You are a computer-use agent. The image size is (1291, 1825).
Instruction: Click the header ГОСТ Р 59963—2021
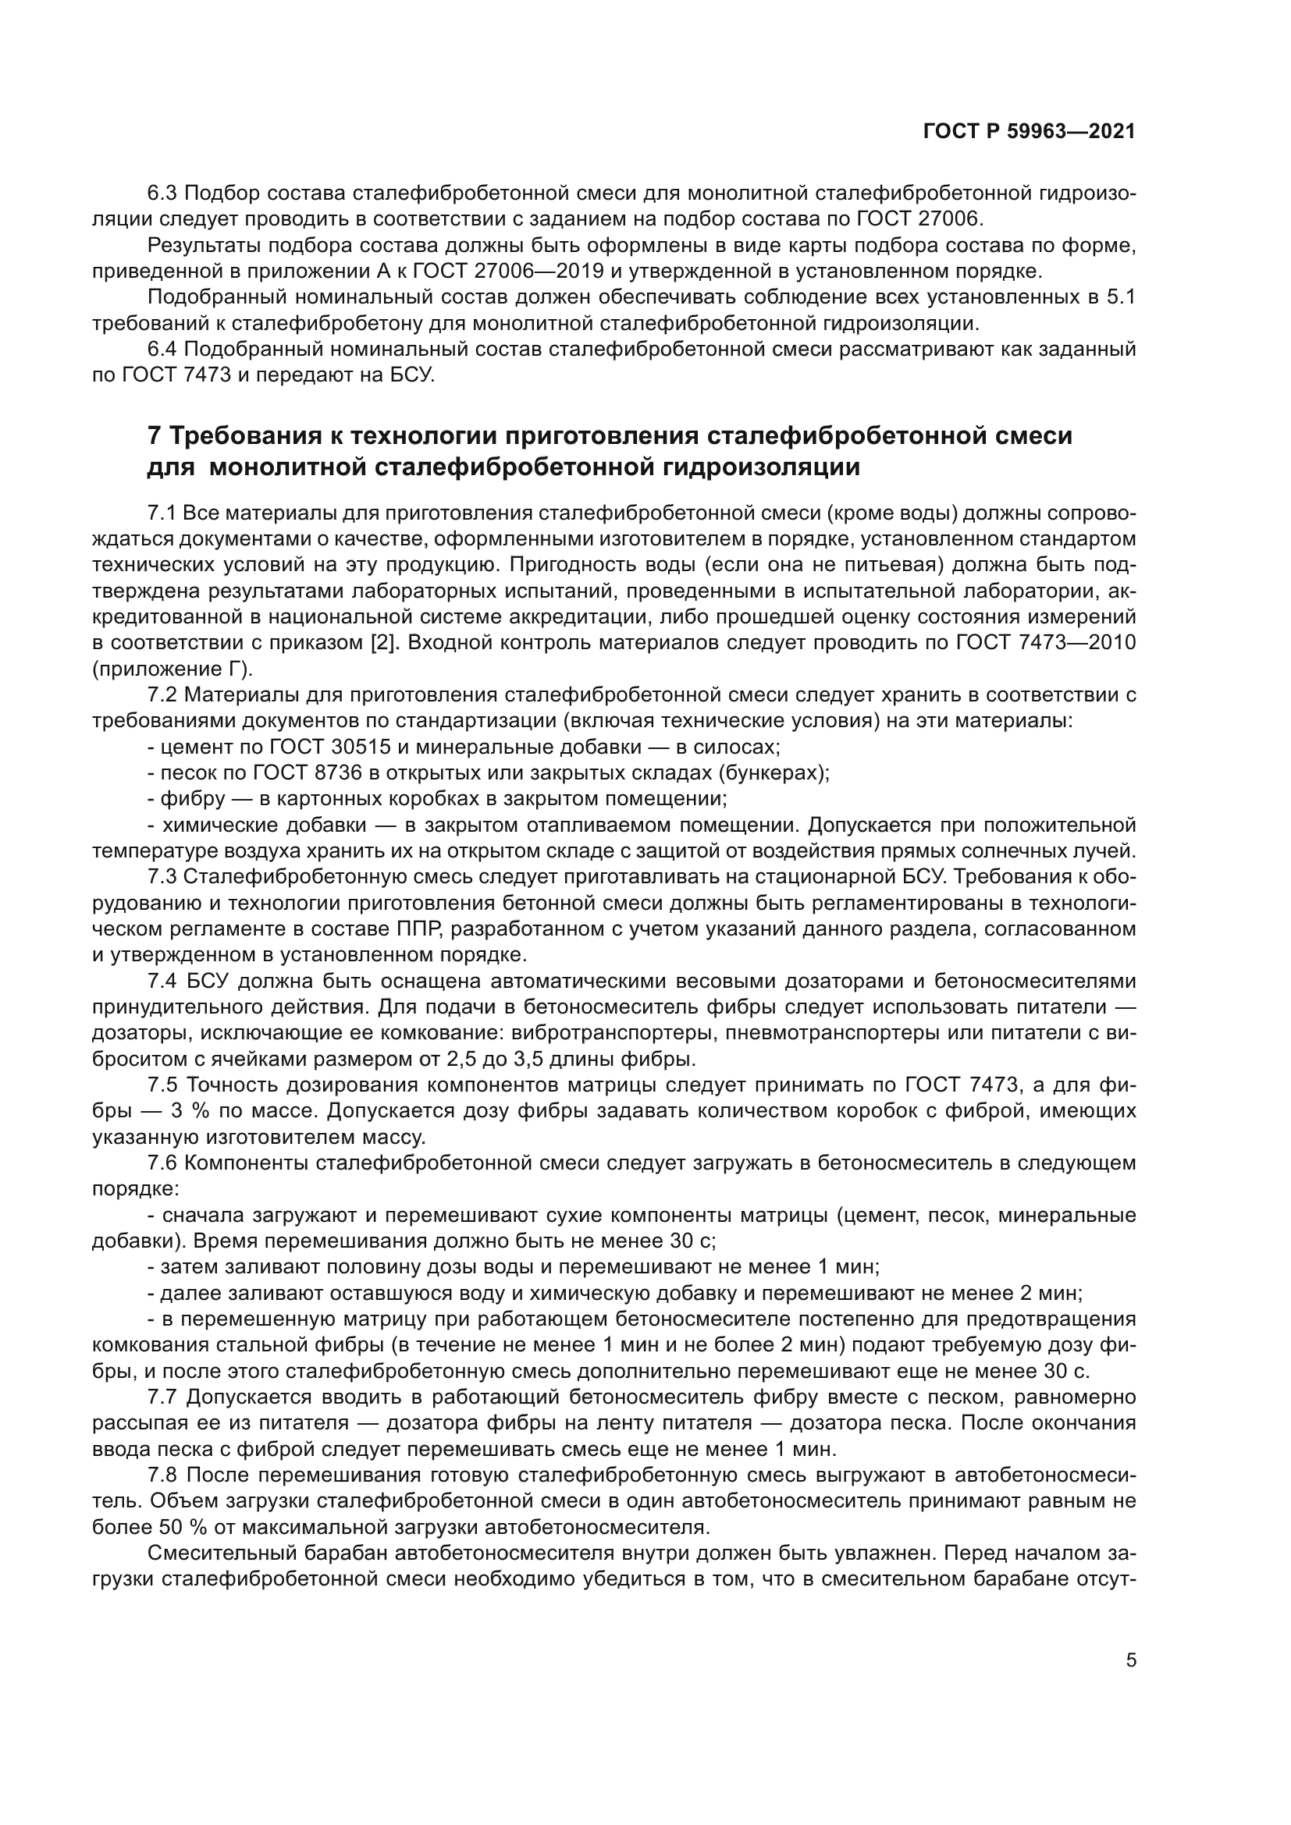pyautogui.click(x=1030, y=131)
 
